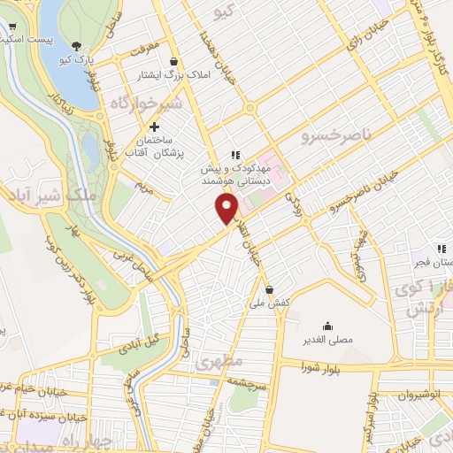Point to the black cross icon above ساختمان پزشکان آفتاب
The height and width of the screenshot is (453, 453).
[155, 127]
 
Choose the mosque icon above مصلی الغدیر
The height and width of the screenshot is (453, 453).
[328, 326]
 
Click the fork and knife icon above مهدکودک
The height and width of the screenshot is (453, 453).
[235, 153]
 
